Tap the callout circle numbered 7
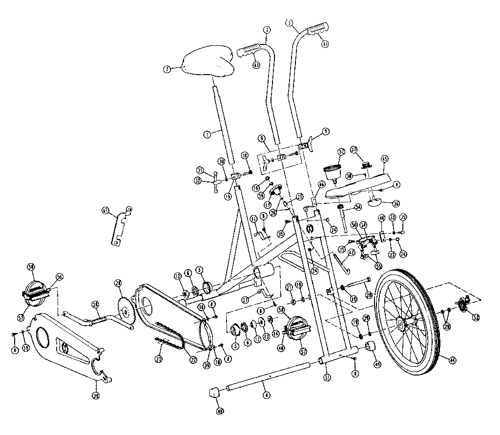click(167, 70)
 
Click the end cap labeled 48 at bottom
click(213, 393)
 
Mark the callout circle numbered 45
click(385, 158)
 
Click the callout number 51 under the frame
click(327, 377)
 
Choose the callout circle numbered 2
click(266, 29)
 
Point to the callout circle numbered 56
click(60, 276)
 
